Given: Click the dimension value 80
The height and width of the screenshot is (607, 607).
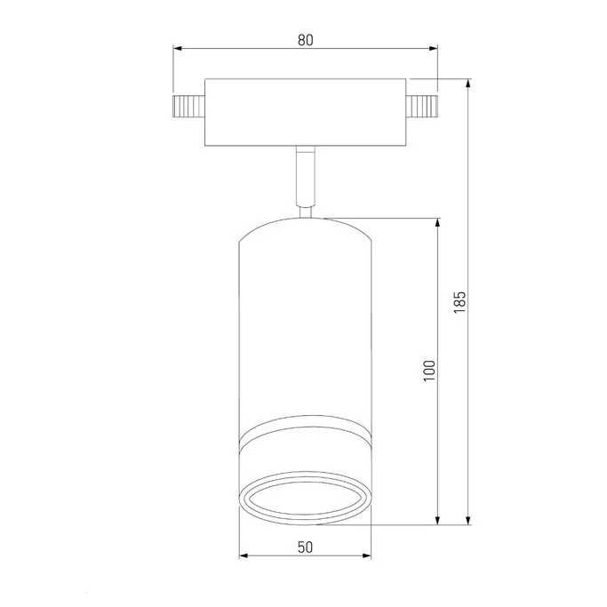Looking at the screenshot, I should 305,39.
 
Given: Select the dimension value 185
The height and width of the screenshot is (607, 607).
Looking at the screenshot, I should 459,301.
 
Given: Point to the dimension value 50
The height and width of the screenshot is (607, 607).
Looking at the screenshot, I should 305,547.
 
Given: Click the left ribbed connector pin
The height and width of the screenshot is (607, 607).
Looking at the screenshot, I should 188,108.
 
